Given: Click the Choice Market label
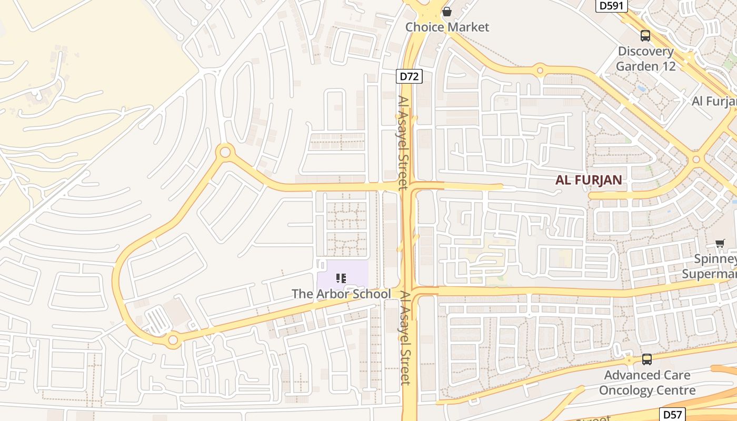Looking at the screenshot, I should pyautogui.click(x=447, y=27).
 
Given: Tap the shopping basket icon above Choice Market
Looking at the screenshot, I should pyautogui.click(x=447, y=11).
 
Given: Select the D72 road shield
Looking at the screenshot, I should pyautogui.click(x=409, y=76).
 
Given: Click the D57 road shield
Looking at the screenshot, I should pyautogui.click(x=673, y=414).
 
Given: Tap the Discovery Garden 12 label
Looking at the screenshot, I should pyautogui.click(x=645, y=58).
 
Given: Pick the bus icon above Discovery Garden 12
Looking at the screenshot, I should pyautogui.click(x=645, y=36).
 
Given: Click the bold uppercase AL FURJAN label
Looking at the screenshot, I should pyautogui.click(x=589, y=180).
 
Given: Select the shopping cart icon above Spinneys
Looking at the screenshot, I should pyautogui.click(x=720, y=243).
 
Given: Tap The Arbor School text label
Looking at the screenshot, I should pyautogui.click(x=342, y=294).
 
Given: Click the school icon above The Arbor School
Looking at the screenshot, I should pyautogui.click(x=341, y=278).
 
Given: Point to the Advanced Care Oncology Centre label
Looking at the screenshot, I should pyautogui.click(x=647, y=383).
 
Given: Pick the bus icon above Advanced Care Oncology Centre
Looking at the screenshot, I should pyautogui.click(x=647, y=359).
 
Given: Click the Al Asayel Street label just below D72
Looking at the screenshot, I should pyautogui.click(x=403, y=142).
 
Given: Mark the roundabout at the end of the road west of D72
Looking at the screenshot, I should pyautogui.click(x=225, y=153).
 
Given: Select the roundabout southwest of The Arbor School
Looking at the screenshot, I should pyautogui.click(x=173, y=340).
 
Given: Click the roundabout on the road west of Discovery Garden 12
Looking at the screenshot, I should pyautogui.click(x=540, y=69).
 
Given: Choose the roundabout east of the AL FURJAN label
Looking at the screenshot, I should pyautogui.click(x=696, y=159).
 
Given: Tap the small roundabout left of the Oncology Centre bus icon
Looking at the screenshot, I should pyautogui.click(x=629, y=360).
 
